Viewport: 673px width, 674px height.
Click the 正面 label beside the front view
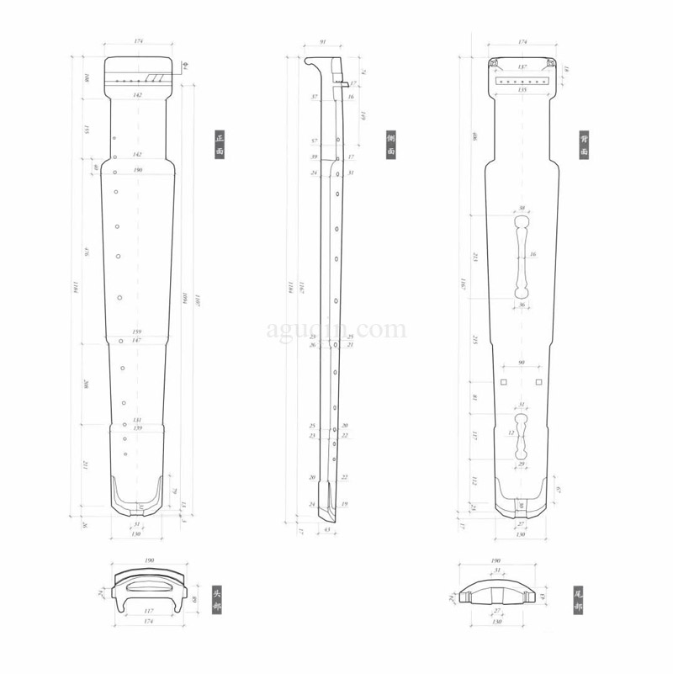pyautogui.click(x=220, y=144)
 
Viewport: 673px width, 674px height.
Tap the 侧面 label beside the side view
pyautogui.click(x=391, y=144)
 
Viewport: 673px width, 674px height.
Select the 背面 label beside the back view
pyautogui.click(x=583, y=144)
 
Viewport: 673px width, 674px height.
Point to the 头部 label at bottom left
pyautogui.click(x=218, y=598)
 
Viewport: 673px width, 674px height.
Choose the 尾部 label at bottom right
pyautogui.click(x=578, y=598)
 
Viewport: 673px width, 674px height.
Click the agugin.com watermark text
pyautogui.click(x=336, y=329)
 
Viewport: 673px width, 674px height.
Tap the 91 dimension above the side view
pyautogui.click(x=323, y=41)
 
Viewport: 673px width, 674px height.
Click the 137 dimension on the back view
pyautogui.click(x=522, y=66)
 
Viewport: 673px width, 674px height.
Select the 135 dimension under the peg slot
pyautogui.click(x=522, y=90)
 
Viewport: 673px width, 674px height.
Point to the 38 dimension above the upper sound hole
pyautogui.click(x=522, y=208)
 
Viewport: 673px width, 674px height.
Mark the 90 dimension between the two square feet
pyautogui.click(x=522, y=363)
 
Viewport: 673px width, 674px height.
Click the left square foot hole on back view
pyautogui.click(x=503, y=383)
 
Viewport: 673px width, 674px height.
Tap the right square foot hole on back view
pyautogui.click(x=539, y=383)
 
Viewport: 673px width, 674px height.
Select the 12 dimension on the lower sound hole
pyautogui.click(x=511, y=433)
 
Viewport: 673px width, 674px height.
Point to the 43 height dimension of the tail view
pyautogui.click(x=543, y=597)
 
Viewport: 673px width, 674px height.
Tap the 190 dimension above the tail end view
pyautogui.click(x=495, y=560)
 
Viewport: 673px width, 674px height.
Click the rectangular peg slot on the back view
pyautogui.click(x=522, y=81)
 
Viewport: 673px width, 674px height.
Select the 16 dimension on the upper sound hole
pyautogui.click(x=533, y=254)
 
